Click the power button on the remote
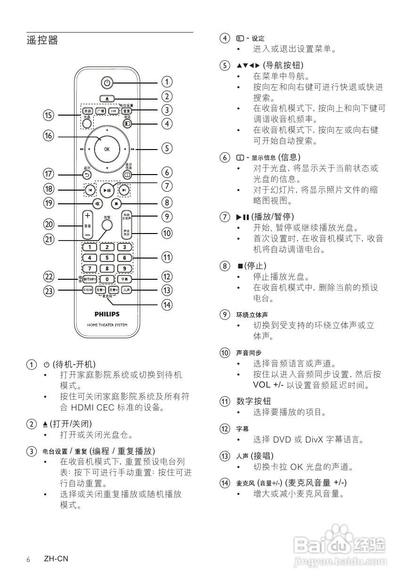[x=107, y=83]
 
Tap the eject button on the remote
[x=107, y=99]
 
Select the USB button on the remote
[x=113, y=111]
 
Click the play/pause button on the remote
[x=107, y=190]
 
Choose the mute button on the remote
[x=97, y=204]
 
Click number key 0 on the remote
[x=107, y=279]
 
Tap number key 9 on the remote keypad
[x=124, y=268]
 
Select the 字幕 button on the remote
[x=124, y=279]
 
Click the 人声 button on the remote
[x=125, y=290]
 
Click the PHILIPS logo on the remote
[x=107, y=314]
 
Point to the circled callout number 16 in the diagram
[x=49, y=136]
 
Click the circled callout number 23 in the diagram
[x=49, y=291]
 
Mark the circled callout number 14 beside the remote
[x=167, y=305]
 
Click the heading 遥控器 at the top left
[x=42, y=41]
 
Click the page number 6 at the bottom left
[x=28, y=560]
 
